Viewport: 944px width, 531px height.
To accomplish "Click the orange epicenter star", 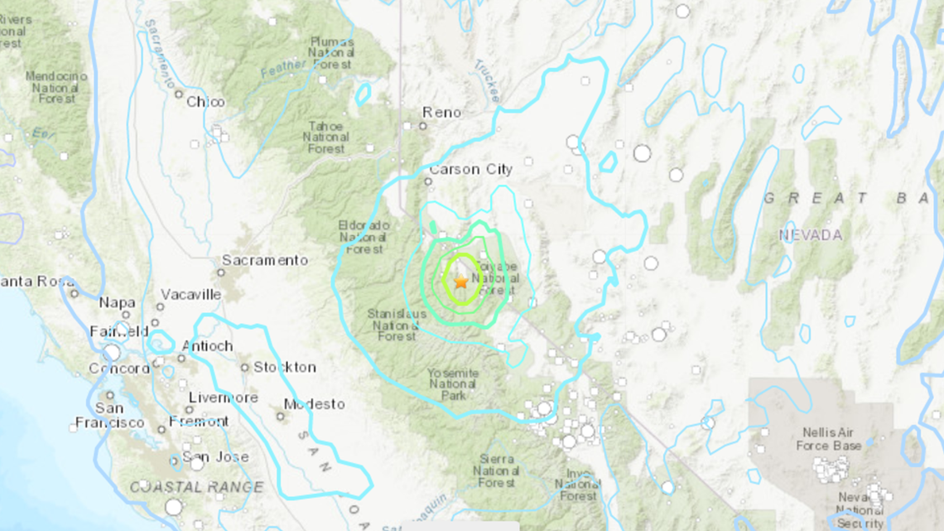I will point(461,282).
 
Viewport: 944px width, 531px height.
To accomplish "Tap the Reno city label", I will point(441,113).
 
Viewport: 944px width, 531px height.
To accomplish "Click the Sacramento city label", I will point(264,260).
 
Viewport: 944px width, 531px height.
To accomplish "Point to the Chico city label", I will point(205,102).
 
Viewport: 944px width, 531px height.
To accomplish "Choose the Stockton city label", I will point(284,367).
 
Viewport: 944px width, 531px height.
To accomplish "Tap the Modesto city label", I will point(314,404).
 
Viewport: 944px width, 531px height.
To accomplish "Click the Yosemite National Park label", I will point(453,384).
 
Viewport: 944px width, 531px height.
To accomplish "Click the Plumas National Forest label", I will point(333,52).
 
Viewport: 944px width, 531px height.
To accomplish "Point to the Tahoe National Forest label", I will point(326,137).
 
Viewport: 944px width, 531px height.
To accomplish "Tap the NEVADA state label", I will point(810,235).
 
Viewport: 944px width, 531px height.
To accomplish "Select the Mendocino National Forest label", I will point(56,87).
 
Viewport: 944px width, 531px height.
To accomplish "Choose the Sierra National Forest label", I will point(496,471).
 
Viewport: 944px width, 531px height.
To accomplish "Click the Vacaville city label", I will point(191,294).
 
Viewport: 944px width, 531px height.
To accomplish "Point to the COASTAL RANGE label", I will point(196,487).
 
